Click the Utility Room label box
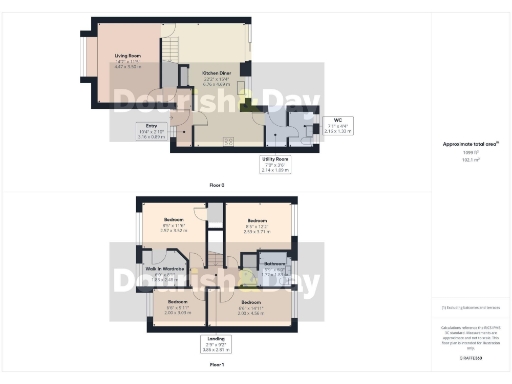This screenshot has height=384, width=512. coord(276,164)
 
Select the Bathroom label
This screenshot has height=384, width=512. coord(275,268)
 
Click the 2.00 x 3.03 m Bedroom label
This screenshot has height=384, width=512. coord(177,307)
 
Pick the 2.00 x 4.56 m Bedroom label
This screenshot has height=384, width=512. coord(249,307)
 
